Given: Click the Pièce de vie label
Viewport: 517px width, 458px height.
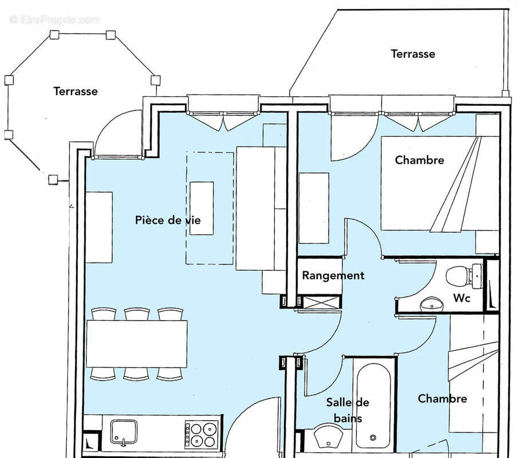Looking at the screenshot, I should (x=168, y=220).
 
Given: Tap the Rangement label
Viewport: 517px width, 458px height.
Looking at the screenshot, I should (x=333, y=275).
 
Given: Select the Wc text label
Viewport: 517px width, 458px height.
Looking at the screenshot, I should (x=462, y=298).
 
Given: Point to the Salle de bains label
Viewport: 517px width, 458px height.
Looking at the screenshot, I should (x=348, y=410).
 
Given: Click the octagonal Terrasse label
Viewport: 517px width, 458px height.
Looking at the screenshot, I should (x=76, y=91).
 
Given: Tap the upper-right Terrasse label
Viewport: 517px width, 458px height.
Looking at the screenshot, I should (x=413, y=54).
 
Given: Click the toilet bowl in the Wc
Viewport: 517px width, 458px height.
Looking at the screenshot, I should (x=457, y=276).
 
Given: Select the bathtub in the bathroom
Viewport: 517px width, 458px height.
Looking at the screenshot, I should (x=373, y=404).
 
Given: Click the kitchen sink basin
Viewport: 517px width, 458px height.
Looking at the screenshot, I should (x=124, y=432).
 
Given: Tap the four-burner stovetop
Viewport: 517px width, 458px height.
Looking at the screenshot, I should (x=202, y=434).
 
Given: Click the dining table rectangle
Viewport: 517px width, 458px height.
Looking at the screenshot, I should (x=137, y=343).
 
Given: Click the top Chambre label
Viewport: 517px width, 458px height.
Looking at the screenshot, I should (x=419, y=160).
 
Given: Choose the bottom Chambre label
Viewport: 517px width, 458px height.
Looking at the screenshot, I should (x=442, y=398).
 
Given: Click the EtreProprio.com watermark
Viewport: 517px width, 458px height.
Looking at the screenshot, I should (x=55, y=19).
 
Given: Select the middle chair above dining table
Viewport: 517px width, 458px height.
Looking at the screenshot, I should (x=137, y=314).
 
